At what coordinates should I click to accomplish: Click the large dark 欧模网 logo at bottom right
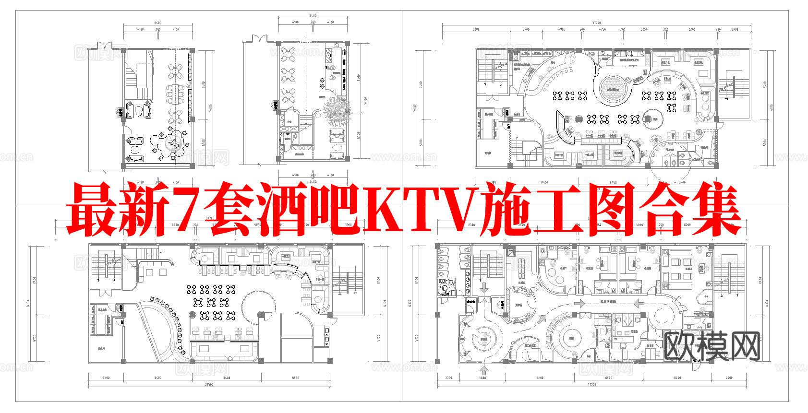pyautogui.click(x=712, y=346)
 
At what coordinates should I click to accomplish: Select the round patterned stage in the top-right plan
pyautogui.click(x=613, y=89)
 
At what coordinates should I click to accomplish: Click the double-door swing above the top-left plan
pyautogui.click(x=105, y=46)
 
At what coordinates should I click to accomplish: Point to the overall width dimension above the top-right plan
pyautogui.click(x=596, y=23)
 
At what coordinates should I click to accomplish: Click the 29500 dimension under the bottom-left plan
pyautogui.click(x=209, y=384)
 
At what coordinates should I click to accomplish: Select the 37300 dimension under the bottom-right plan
pyautogui.click(x=592, y=384)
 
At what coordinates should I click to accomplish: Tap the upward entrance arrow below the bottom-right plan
pyautogui.click(x=484, y=370)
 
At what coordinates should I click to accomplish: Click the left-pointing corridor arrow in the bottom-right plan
pyautogui.click(x=638, y=303)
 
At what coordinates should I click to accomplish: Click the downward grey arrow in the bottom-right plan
pyautogui.click(x=484, y=288)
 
